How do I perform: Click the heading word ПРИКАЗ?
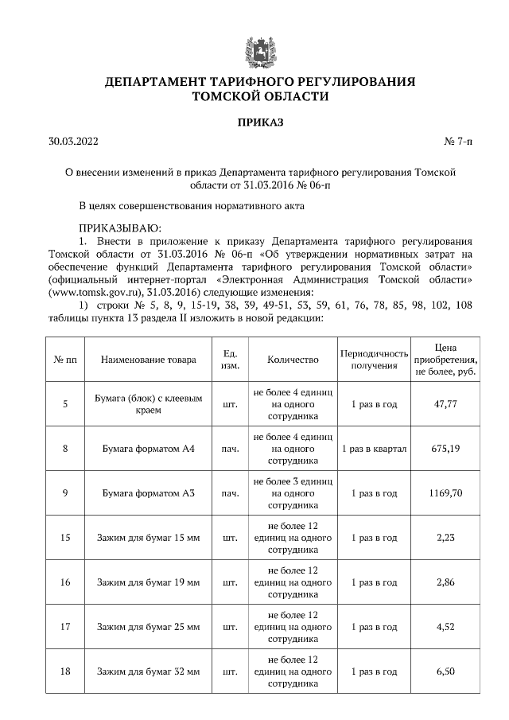(260, 122)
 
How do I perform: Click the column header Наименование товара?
(148, 360)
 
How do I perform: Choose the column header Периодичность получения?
(374, 360)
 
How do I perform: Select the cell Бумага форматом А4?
(149, 449)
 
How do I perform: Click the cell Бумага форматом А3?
(149, 493)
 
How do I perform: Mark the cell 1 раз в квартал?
(374, 449)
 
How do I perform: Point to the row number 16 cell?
(65, 582)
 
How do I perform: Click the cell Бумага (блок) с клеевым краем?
(149, 404)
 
